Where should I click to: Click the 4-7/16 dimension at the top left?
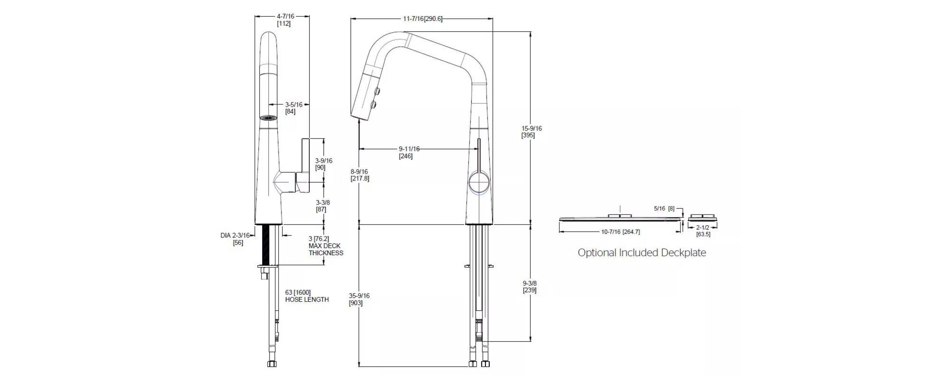[285, 20]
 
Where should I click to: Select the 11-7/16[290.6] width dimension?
[423, 19]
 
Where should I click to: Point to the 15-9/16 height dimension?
[531, 132]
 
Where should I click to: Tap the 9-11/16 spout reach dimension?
[409, 153]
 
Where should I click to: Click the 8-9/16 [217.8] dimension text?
[359, 175]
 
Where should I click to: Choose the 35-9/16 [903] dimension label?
[359, 299]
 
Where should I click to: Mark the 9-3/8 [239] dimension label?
[529, 287]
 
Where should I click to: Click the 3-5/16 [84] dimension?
[294, 108]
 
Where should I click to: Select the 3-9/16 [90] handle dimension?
[323, 164]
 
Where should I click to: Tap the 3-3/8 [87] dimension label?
[323, 206]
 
